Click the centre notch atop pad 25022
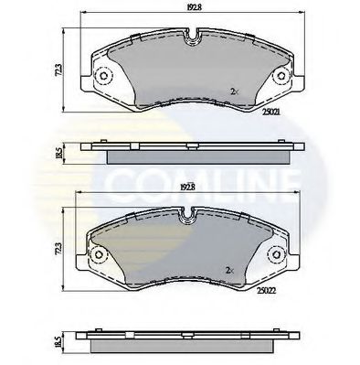[189, 217]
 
